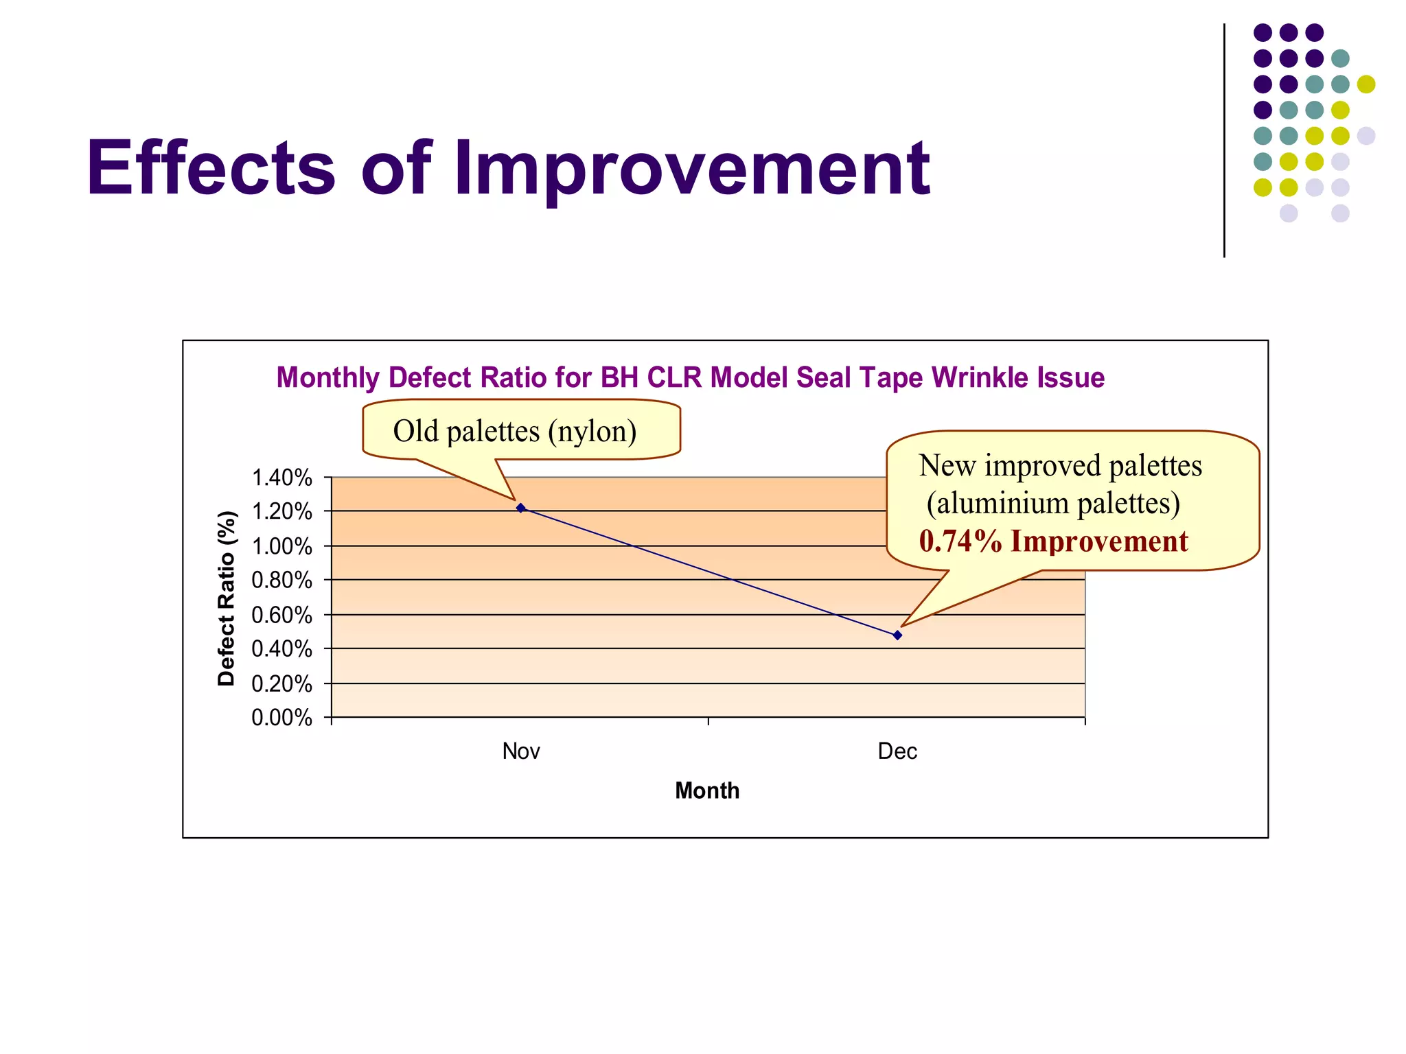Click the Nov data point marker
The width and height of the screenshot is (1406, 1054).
coord(520,508)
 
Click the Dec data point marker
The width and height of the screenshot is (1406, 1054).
coord(897,635)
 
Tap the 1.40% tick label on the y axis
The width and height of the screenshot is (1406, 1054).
coord(281,478)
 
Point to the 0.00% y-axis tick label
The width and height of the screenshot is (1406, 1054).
coord(281,718)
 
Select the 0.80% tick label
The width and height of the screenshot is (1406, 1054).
coord(281,581)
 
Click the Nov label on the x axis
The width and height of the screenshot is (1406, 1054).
coord(520,751)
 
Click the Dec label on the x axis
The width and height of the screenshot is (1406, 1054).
coord(897,751)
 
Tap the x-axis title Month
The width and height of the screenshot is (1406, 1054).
coord(707,790)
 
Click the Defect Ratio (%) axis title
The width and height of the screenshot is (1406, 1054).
coord(227,598)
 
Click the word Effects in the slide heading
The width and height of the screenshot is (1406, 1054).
coord(211,169)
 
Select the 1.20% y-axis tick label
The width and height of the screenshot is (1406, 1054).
coord(281,512)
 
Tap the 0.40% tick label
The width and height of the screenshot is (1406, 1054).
coord(281,649)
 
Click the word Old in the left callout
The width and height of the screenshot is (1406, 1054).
coord(415,432)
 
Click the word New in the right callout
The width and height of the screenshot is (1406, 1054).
coord(947,466)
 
